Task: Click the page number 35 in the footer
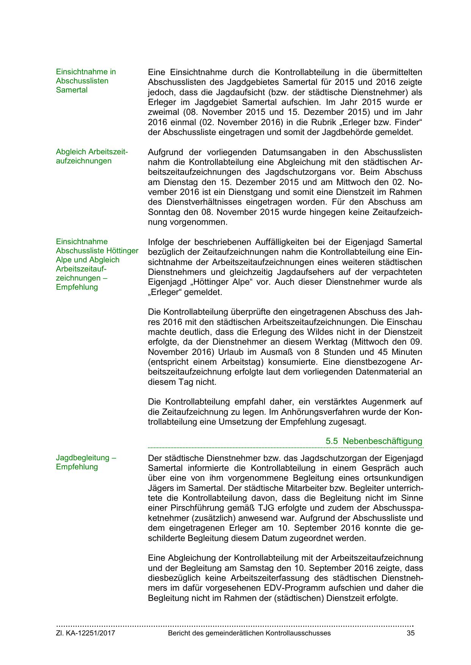(410, 633)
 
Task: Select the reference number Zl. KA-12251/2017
(85, 633)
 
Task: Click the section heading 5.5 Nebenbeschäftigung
(374, 441)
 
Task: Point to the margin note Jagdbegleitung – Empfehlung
(86, 462)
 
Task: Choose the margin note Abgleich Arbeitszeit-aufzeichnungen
(92, 156)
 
